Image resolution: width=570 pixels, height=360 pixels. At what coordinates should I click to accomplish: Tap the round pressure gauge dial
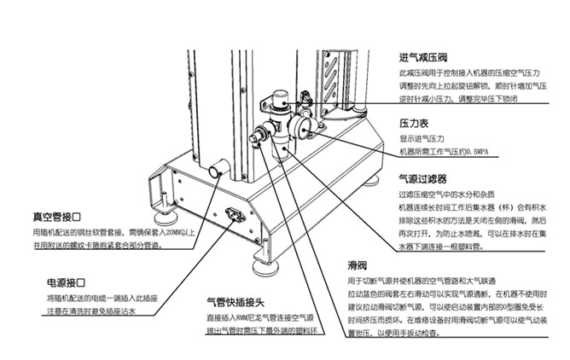click(302, 125)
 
